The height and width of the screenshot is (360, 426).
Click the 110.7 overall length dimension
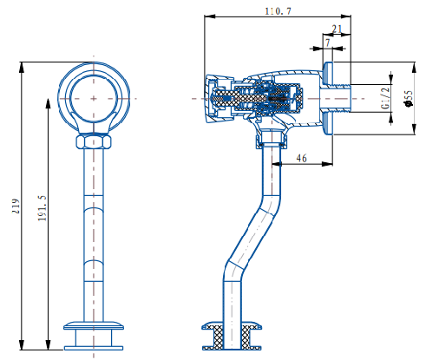tap(278, 11)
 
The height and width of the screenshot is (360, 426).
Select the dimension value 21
tap(337, 29)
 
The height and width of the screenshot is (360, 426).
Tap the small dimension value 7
tap(327, 43)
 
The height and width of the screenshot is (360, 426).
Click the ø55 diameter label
tap(409, 99)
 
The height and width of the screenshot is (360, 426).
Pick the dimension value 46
tap(301, 158)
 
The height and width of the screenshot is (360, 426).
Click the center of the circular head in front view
tap(95, 98)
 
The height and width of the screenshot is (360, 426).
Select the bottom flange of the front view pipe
tap(95, 327)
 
